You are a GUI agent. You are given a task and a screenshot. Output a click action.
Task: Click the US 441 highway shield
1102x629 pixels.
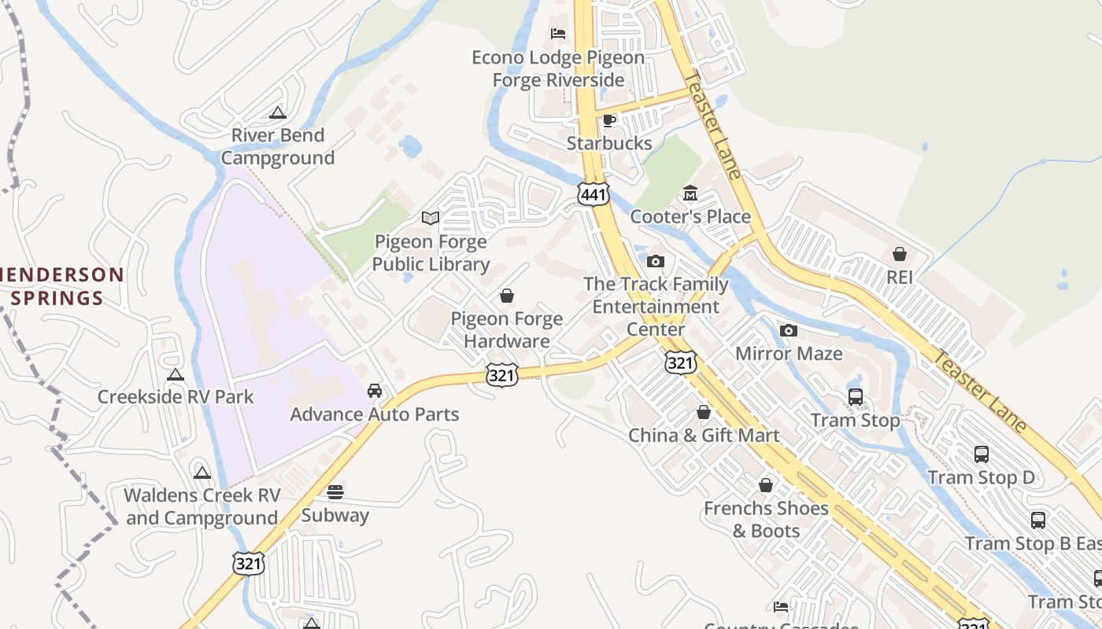click(593, 194)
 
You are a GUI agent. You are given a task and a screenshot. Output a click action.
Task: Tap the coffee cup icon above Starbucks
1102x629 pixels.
click(608, 120)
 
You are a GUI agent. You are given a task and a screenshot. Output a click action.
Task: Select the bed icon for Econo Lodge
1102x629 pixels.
click(558, 34)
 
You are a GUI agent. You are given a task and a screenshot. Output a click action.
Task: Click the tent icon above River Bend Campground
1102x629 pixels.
click(277, 112)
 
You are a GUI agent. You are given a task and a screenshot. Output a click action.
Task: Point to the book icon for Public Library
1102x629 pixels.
click(431, 218)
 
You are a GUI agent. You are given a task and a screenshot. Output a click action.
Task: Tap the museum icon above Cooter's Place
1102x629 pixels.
click(690, 193)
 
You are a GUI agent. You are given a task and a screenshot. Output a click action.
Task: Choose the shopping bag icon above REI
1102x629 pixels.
click(900, 254)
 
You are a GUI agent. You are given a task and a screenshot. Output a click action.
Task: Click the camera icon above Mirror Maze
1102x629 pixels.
click(789, 330)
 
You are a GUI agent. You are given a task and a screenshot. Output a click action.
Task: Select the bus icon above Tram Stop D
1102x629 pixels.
click(982, 454)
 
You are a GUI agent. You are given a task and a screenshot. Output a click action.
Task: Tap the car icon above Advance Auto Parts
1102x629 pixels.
click(375, 391)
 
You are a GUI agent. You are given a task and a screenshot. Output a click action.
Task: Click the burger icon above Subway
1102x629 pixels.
click(335, 492)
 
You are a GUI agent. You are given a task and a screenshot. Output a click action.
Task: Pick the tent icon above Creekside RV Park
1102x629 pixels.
click(176, 374)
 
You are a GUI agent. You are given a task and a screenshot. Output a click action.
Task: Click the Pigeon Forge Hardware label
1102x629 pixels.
click(507, 329)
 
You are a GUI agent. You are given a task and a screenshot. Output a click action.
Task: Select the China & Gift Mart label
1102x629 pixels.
click(704, 435)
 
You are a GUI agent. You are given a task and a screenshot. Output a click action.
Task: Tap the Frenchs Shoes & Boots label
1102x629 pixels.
click(766, 519)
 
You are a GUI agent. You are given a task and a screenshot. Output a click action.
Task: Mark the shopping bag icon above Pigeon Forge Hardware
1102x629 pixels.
click(507, 296)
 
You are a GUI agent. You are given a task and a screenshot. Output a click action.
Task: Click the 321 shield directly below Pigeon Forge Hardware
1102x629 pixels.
click(502, 375)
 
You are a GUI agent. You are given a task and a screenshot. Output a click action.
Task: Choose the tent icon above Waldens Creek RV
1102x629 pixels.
click(202, 473)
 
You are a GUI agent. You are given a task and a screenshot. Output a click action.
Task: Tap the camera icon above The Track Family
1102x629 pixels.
click(656, 261)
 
